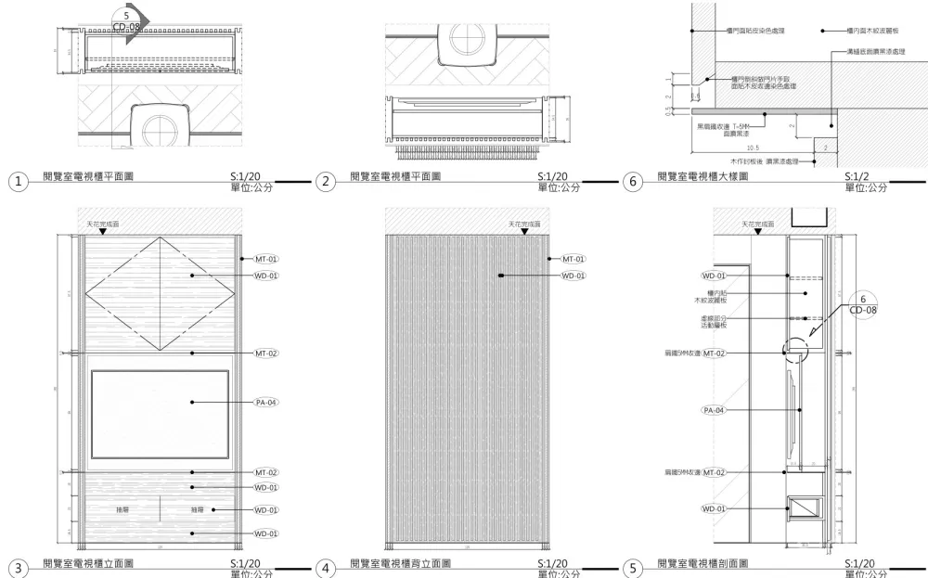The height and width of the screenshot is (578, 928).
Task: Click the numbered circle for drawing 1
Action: [18, 182]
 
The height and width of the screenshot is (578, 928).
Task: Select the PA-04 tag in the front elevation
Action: [266, 403]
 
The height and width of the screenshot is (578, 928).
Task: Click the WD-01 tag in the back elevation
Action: [574, 276]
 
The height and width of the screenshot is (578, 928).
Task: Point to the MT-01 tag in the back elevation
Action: [574, 259]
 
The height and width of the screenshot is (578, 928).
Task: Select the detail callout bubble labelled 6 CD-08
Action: [862, 305]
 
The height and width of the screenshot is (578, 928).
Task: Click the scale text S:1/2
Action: [859, 176]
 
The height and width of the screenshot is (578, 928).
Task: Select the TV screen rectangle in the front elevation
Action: [160, 414]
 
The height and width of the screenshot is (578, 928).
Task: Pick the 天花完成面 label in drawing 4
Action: [523, 225]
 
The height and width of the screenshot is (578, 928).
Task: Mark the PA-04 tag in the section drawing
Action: [714, 409]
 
